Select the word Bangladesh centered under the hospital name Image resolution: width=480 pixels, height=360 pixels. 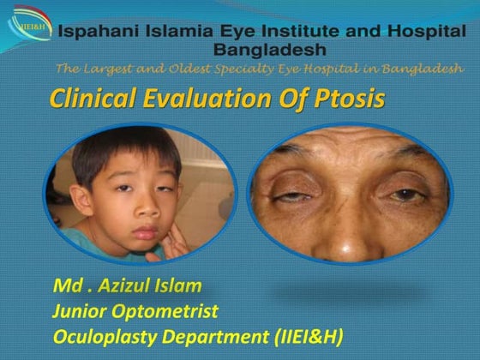pos(265,51)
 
